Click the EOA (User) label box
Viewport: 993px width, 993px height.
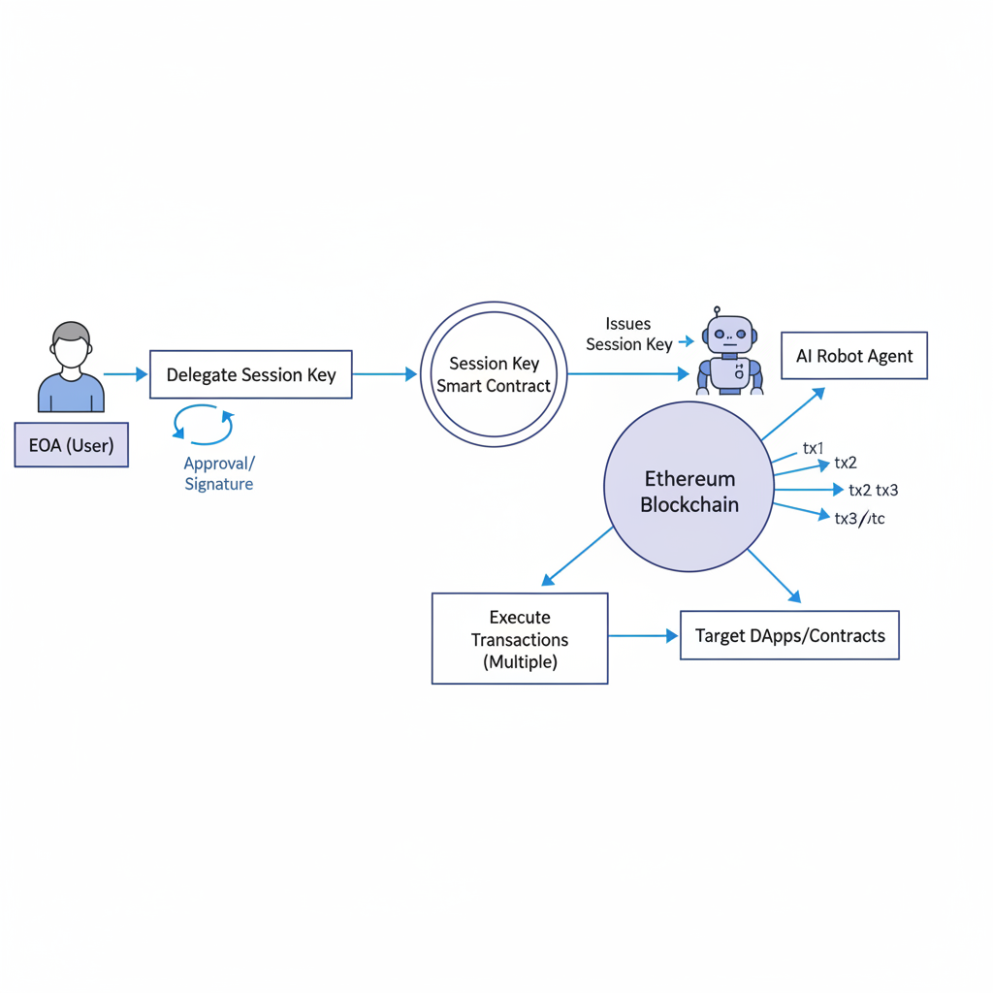[71, 445]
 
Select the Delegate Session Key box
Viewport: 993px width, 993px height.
[250, 374]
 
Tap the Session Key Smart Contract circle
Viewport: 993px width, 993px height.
[493, 374]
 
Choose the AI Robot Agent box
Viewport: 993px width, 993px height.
[853, 356]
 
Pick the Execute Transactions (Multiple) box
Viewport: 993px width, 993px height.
[519, 638]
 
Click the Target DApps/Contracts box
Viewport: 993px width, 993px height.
[789, 636]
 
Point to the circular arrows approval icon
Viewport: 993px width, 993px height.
[203, 426]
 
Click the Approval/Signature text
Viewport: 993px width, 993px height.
[219, 473]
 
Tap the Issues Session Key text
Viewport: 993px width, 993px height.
[628, 334]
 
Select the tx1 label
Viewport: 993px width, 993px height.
[813, 448]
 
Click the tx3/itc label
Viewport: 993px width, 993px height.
[859, 519]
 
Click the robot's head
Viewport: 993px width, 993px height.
[729, 335]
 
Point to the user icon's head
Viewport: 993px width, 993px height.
[71, 346]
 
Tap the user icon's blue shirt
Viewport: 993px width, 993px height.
[71, 393]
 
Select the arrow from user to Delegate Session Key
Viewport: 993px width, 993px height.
[125, 373]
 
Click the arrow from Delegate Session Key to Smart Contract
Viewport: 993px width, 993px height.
[384, 373]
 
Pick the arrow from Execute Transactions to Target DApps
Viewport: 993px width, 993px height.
[643, 636]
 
